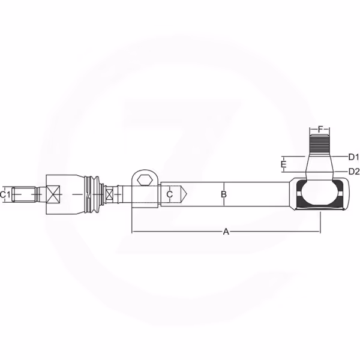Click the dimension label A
coord(226,232)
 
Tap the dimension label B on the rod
coord(224,194)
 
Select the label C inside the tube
coord(169,194)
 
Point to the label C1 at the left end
coord(5,194)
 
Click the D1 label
coord(353,157)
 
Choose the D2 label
coord(354,171)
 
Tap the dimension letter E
coord(284,164)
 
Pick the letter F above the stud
coord(320,129)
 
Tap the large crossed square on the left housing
coord(53,194)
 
